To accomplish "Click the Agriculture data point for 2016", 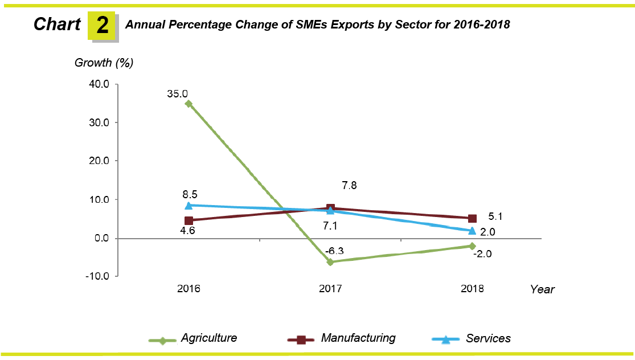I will point(188,104).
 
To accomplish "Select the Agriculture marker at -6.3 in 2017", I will point(330,262).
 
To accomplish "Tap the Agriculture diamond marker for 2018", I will point(472,246).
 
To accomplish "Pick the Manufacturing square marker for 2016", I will point(189,220).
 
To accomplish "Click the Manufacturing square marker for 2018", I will point(472,218).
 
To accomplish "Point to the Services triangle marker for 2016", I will point(189,204).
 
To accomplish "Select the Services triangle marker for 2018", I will point(472,231).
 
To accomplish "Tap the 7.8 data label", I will point(349,185).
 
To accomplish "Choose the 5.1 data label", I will point(495,216).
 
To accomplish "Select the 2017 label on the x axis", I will point(330,289).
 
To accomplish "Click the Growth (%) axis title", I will point(104,63).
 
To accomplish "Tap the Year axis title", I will point(542,289).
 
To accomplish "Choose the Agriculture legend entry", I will point(208,338).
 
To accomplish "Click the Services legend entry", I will point(488,338).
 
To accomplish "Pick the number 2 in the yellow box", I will point(102,26).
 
